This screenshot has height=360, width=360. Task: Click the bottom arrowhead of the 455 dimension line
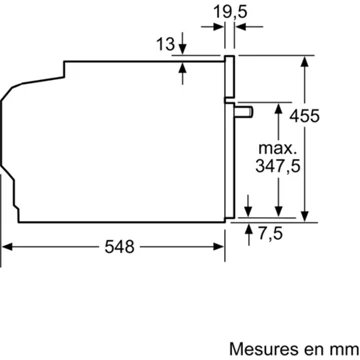point(304,214)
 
